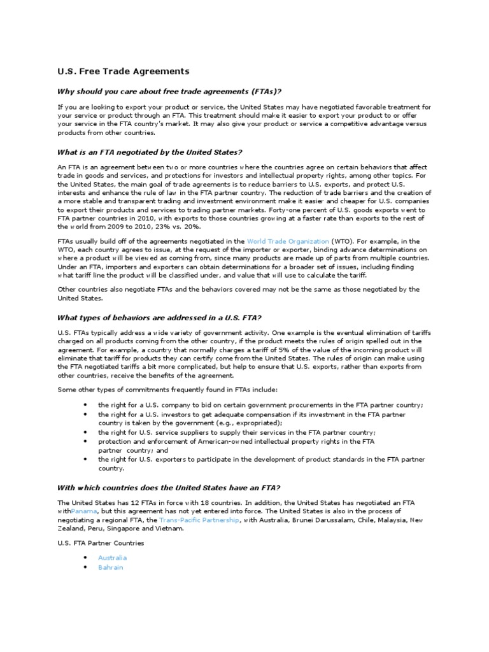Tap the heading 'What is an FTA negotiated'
[x=150, y=152]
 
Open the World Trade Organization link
[x=287, y=241]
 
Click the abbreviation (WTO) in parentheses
[x=339, y=241]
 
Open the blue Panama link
[x=84, y=511]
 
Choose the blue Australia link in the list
[x=112, y=557]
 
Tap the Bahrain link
[x=110, y=567]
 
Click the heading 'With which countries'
[x=168, y=488]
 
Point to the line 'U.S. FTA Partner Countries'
[x=101, y=543]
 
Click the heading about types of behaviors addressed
[x=160, y=318]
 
